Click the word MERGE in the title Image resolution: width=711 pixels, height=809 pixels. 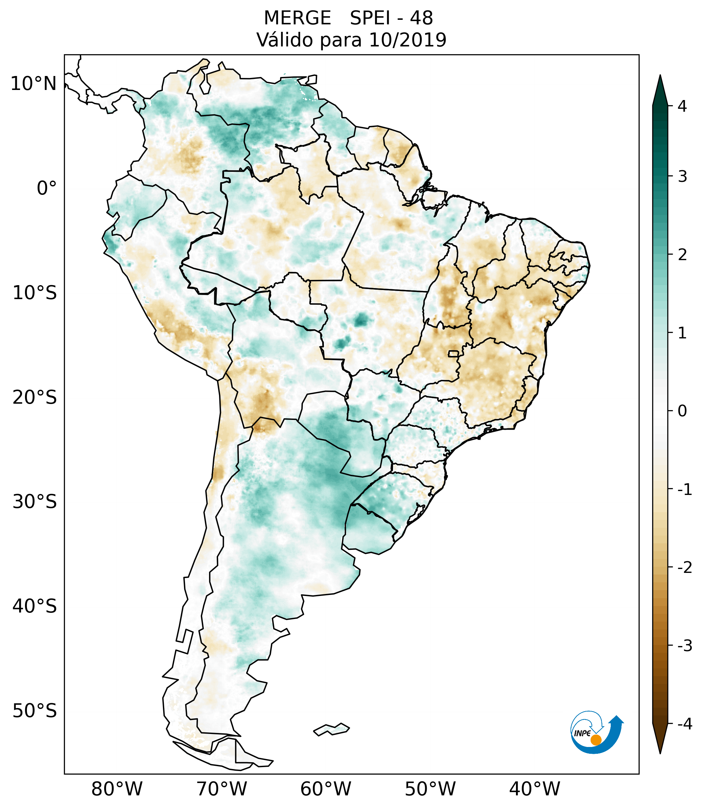[297, 18]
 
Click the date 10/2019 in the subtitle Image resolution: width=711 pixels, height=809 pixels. [408, 40]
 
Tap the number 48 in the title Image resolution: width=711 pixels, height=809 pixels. [421, 18]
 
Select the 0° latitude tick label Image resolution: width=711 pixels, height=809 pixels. [46, 188]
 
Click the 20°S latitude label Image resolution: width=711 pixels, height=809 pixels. [34, 398]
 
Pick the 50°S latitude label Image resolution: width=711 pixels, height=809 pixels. [34, 711]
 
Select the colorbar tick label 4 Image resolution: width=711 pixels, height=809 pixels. [682, 106]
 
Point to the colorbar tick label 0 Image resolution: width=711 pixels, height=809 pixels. [682, 411]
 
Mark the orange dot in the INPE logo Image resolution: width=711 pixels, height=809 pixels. [595, 740]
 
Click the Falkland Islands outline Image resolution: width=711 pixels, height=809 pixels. [331, 729]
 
